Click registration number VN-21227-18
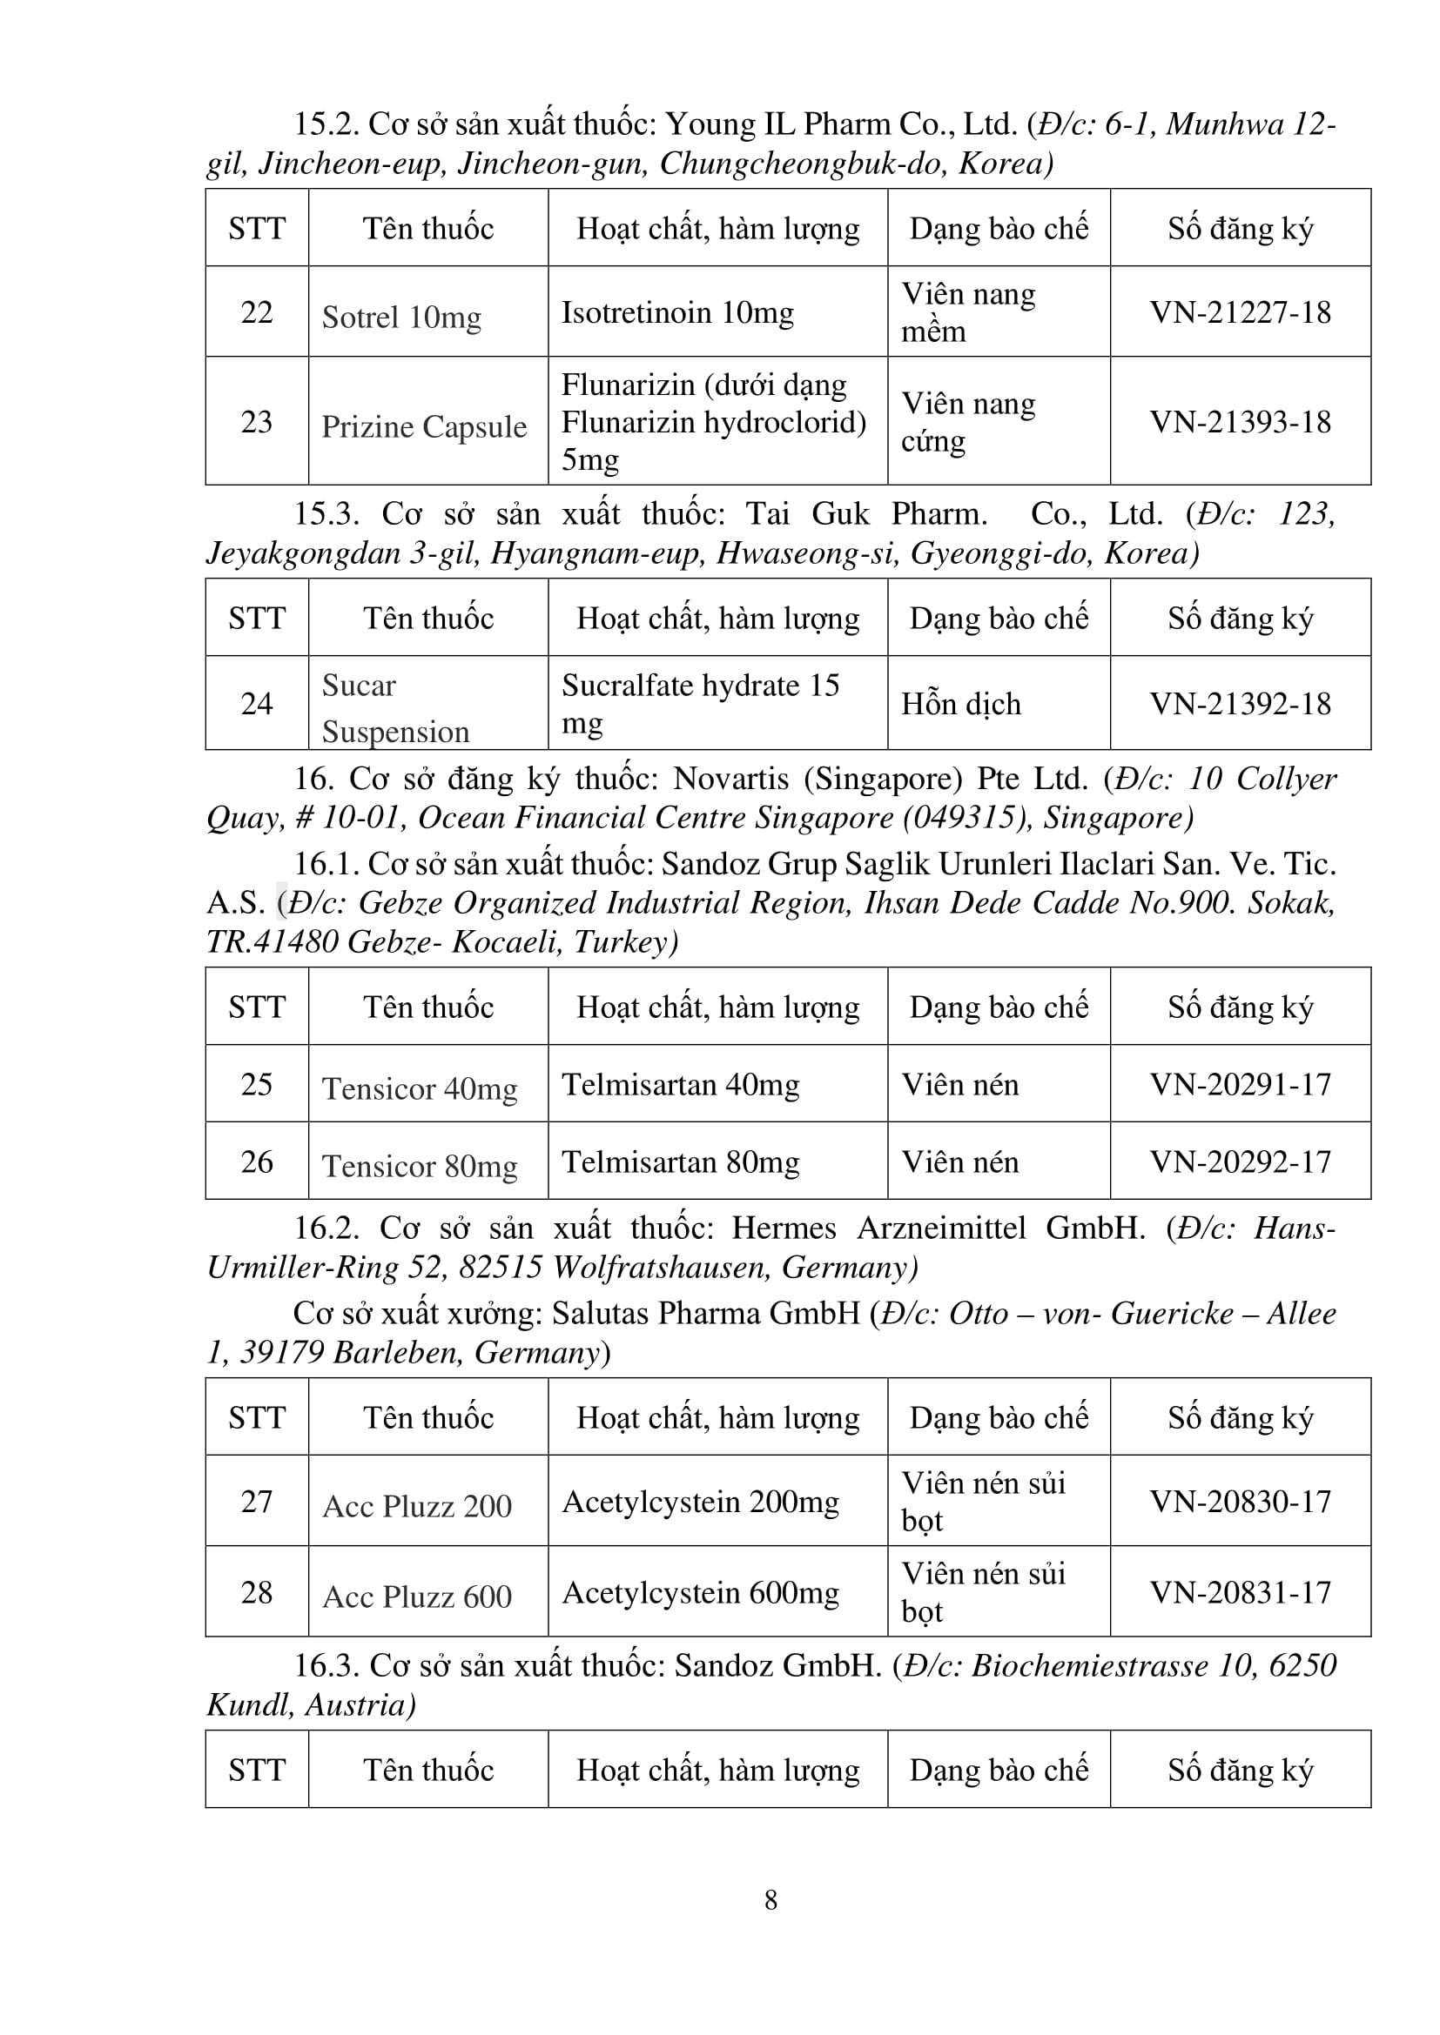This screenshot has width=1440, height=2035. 1240,312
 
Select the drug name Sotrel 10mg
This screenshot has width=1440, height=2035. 400,317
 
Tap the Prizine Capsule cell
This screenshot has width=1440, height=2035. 424,426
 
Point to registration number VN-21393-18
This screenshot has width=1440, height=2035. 1240,421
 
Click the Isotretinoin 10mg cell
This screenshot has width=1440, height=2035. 677,312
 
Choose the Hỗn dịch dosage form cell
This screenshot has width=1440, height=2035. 961,704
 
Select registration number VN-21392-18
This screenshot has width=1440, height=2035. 1240,704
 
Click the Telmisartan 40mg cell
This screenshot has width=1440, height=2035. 680,1084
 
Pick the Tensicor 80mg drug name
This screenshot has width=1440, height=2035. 420,1166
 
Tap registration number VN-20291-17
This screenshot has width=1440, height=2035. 1240,1084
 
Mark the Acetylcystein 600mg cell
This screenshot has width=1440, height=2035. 701,1593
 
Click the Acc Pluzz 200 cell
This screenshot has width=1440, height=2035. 417,1506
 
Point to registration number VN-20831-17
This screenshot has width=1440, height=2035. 1240,1593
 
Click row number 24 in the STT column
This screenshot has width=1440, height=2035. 256,704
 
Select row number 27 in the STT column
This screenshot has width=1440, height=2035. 256,1502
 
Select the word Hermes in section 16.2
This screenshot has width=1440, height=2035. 783,1228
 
